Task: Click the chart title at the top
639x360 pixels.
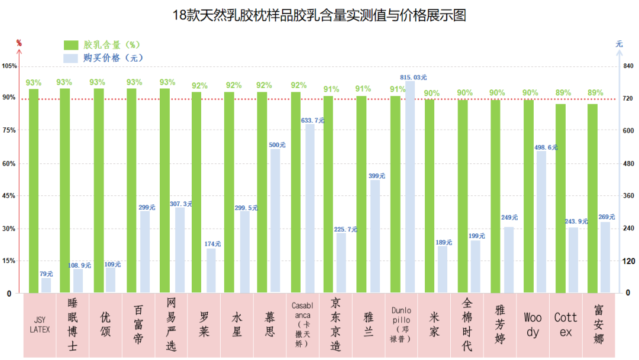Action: click(x=319, y=15)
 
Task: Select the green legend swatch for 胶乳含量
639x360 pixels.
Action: click(x=71, y=45)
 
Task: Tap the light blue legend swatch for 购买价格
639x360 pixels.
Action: click(x=71, y=58)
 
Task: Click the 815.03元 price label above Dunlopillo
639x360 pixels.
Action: click(x=414, y=77)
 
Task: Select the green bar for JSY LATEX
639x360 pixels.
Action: click(x=34, y=190)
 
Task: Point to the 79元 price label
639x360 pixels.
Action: click(x=46, y=274)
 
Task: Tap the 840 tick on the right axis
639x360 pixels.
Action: click(x=628, y=66)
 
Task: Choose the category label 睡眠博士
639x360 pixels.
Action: click(x=73, y=325)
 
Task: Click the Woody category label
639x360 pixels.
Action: click(x=532, y=325)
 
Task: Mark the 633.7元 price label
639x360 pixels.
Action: click(x=313, y=120)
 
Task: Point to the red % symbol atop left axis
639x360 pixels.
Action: click(x=19, y=43)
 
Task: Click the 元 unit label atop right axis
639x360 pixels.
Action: click(x=619, y=44)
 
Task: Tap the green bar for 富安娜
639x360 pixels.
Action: click(x=592, y=198)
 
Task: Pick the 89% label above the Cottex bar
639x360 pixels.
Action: click(x=563, y=93)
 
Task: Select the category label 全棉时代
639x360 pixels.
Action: click(x=467, y=325)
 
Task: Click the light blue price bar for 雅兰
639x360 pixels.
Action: click(x=375, y=236)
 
